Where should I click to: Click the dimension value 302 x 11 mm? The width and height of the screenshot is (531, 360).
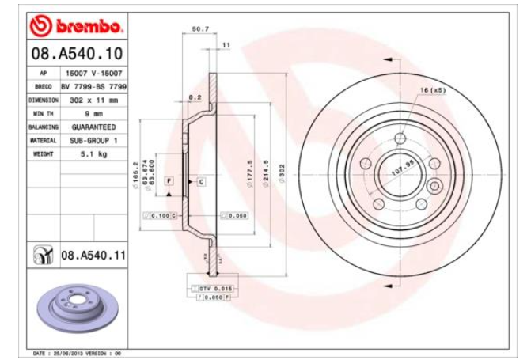pyautogui.click(x=94, y=100)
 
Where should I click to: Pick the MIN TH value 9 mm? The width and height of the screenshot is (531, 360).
pyautogui.click(x=93, y=114)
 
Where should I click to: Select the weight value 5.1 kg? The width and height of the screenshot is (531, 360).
pyautogui.click(x=93, y=153)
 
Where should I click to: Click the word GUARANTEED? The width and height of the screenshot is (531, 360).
pyautogui.click(x=93, y=127)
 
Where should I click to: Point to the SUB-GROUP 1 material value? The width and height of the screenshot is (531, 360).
pyautogui.click(x=93, y=140)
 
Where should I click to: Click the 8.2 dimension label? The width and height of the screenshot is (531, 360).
pyautogui.click(x=194, y=97)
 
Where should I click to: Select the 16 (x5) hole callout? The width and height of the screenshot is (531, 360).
pyautogui.click(x=433, y=89)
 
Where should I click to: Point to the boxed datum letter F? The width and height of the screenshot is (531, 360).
pyautogui.click(x=169, y=181)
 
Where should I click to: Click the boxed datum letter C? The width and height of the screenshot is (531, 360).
pyautogui.click(x=201, y=181)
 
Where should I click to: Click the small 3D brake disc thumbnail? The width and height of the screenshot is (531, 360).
pyautogui.click(x=76, y=305)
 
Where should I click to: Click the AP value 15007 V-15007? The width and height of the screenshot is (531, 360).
pyautogui.click(x=93, y=73)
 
